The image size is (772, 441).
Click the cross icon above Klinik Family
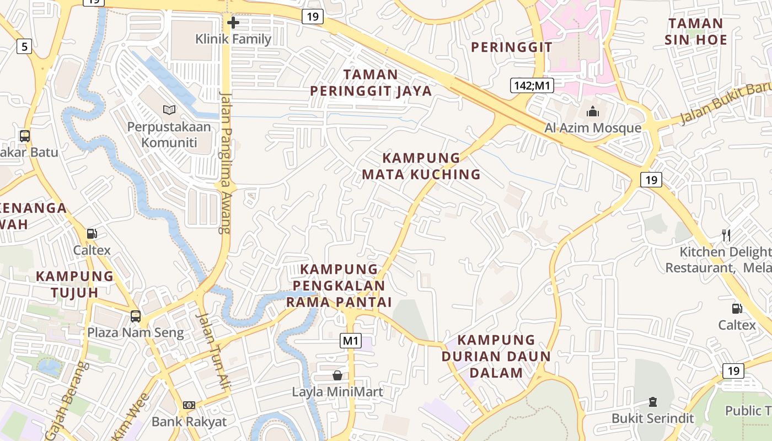pos(233,23)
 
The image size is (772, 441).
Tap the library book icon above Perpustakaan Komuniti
pos(169,110)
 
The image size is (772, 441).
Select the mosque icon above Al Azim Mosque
pos(593,111)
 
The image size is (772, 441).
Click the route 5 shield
pos(24,46)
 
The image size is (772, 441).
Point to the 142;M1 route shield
pos(532,85)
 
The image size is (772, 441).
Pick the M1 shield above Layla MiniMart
pos(351,341)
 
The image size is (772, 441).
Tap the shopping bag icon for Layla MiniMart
pos(337,375)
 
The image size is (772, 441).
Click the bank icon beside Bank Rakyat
pos(189,405)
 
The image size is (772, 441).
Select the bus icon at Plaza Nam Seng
pos(135,316)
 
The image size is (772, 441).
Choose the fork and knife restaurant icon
pos(726,235)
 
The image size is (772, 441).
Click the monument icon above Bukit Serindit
pos(653,401)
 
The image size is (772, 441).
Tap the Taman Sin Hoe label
pos(695,31)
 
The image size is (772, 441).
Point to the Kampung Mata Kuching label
pos(421,166)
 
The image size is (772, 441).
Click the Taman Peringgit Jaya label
pos(371,83)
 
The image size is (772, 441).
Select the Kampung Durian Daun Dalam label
pos(496,356)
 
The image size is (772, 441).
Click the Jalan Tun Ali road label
pos(213,351)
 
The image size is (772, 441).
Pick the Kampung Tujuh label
pos(74,284)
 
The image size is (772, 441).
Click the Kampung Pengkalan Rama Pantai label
pos(339,286)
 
